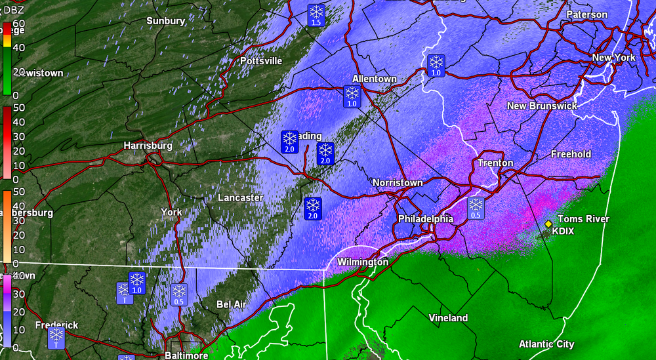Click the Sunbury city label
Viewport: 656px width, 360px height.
pyautogui.click(x=165, y=21)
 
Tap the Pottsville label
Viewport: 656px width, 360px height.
pyautogui.click(x=261, y=61)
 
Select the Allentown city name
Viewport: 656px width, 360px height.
pyautogui.click(x=375, y=79)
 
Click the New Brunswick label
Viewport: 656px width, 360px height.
pyautogui.click(x=542, y=106)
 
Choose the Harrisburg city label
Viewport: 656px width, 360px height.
pyautogui.click(x=148, y=145)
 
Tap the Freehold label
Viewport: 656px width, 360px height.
pyautogui.click(x=571, y=154)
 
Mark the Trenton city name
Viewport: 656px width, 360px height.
pyautogui.click(x=495, y=163)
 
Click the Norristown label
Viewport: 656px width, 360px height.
pyautogui.click(x=398, y=182)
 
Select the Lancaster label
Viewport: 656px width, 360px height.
pyautogui.click(x=240, y=197)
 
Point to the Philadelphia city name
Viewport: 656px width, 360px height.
pyautogui.click(x=425, y=219)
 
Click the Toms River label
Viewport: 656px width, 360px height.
pyautogui.click(x=583, y=219)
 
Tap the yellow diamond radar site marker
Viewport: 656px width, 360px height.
pyautogui.click(x=548, y=224)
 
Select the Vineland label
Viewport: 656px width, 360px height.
pyautogui.click(x=449, y=318)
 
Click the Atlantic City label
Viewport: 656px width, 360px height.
pyautogui.click(x=546, y=344)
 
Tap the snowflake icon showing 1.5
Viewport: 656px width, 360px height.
pyautogui.click(x=316, y=14)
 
